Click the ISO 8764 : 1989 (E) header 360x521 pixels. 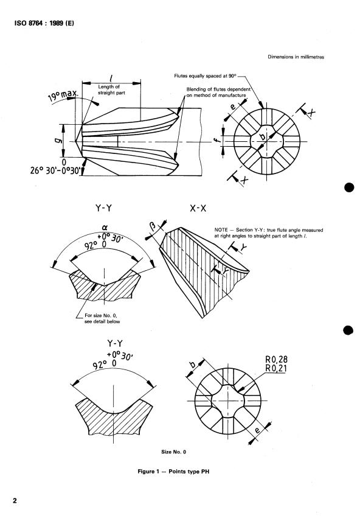[x=44, y=23]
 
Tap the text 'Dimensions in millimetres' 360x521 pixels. [x=296, y=57]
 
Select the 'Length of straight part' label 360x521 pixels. [x=111, y=89]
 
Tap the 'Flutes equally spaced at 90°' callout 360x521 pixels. [x=205, y=75]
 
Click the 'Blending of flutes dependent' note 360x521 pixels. [x=218, y=89]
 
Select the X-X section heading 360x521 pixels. [x=198, y=208]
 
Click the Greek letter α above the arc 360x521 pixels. [x=105, y=227]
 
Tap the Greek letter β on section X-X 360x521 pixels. [x=153, y=226]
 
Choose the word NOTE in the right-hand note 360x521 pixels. [x=221, y=230]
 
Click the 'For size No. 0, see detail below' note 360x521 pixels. [x=102, y=318]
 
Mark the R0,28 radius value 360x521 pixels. [x=276, y=359]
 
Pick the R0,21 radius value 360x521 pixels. [x=276, y=368]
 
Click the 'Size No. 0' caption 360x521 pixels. [x=174, y=452]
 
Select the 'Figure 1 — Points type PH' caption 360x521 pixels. [x=173, y=472]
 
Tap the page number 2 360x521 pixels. [x=15, y=500]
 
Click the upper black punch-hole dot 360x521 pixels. [x=350, y=187]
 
